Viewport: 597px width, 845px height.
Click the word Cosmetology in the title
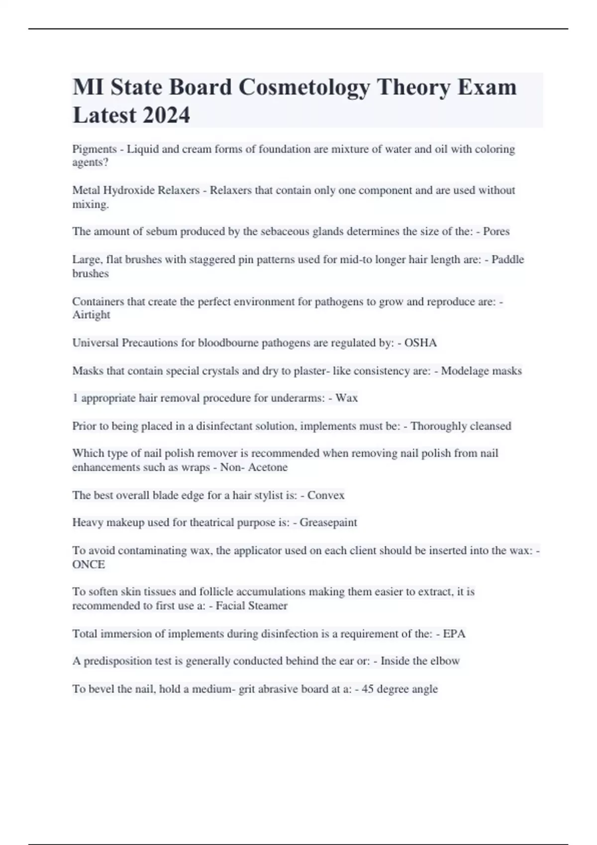click(304, 87)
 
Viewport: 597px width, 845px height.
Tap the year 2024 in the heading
click(166, 115)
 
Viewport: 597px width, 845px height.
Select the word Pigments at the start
click(94, 149)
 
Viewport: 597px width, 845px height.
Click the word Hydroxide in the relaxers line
click(128, 190)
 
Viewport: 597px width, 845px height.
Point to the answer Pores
click(496, 232)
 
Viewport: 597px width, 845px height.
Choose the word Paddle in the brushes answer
click(507, 259)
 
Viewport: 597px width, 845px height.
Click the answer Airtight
click(91, 315)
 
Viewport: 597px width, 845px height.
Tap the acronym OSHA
click(420, 343)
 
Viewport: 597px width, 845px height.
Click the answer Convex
click(326, 495)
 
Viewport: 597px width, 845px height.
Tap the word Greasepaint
click(328, 522)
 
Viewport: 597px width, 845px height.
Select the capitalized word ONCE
click(89, 565)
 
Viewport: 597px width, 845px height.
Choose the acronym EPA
click(454, 634)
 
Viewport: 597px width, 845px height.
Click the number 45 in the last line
click(368, 689)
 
